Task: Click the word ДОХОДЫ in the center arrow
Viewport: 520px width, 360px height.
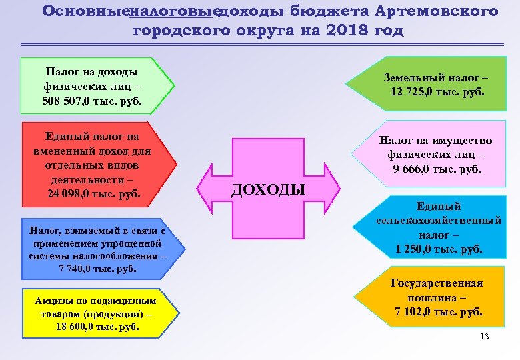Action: pyautogui.click(x=268, y=190)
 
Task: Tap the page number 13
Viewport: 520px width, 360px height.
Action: pyautogui.click(x=484, y=337)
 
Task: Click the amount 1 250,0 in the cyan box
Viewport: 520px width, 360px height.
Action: pyautogui.click(x=415, y=249)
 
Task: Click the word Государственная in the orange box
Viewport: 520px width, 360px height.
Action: pyautogui.click(x=437, y=283)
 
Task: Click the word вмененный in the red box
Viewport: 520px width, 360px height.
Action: pyautogui.click(x=61, y=151)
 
